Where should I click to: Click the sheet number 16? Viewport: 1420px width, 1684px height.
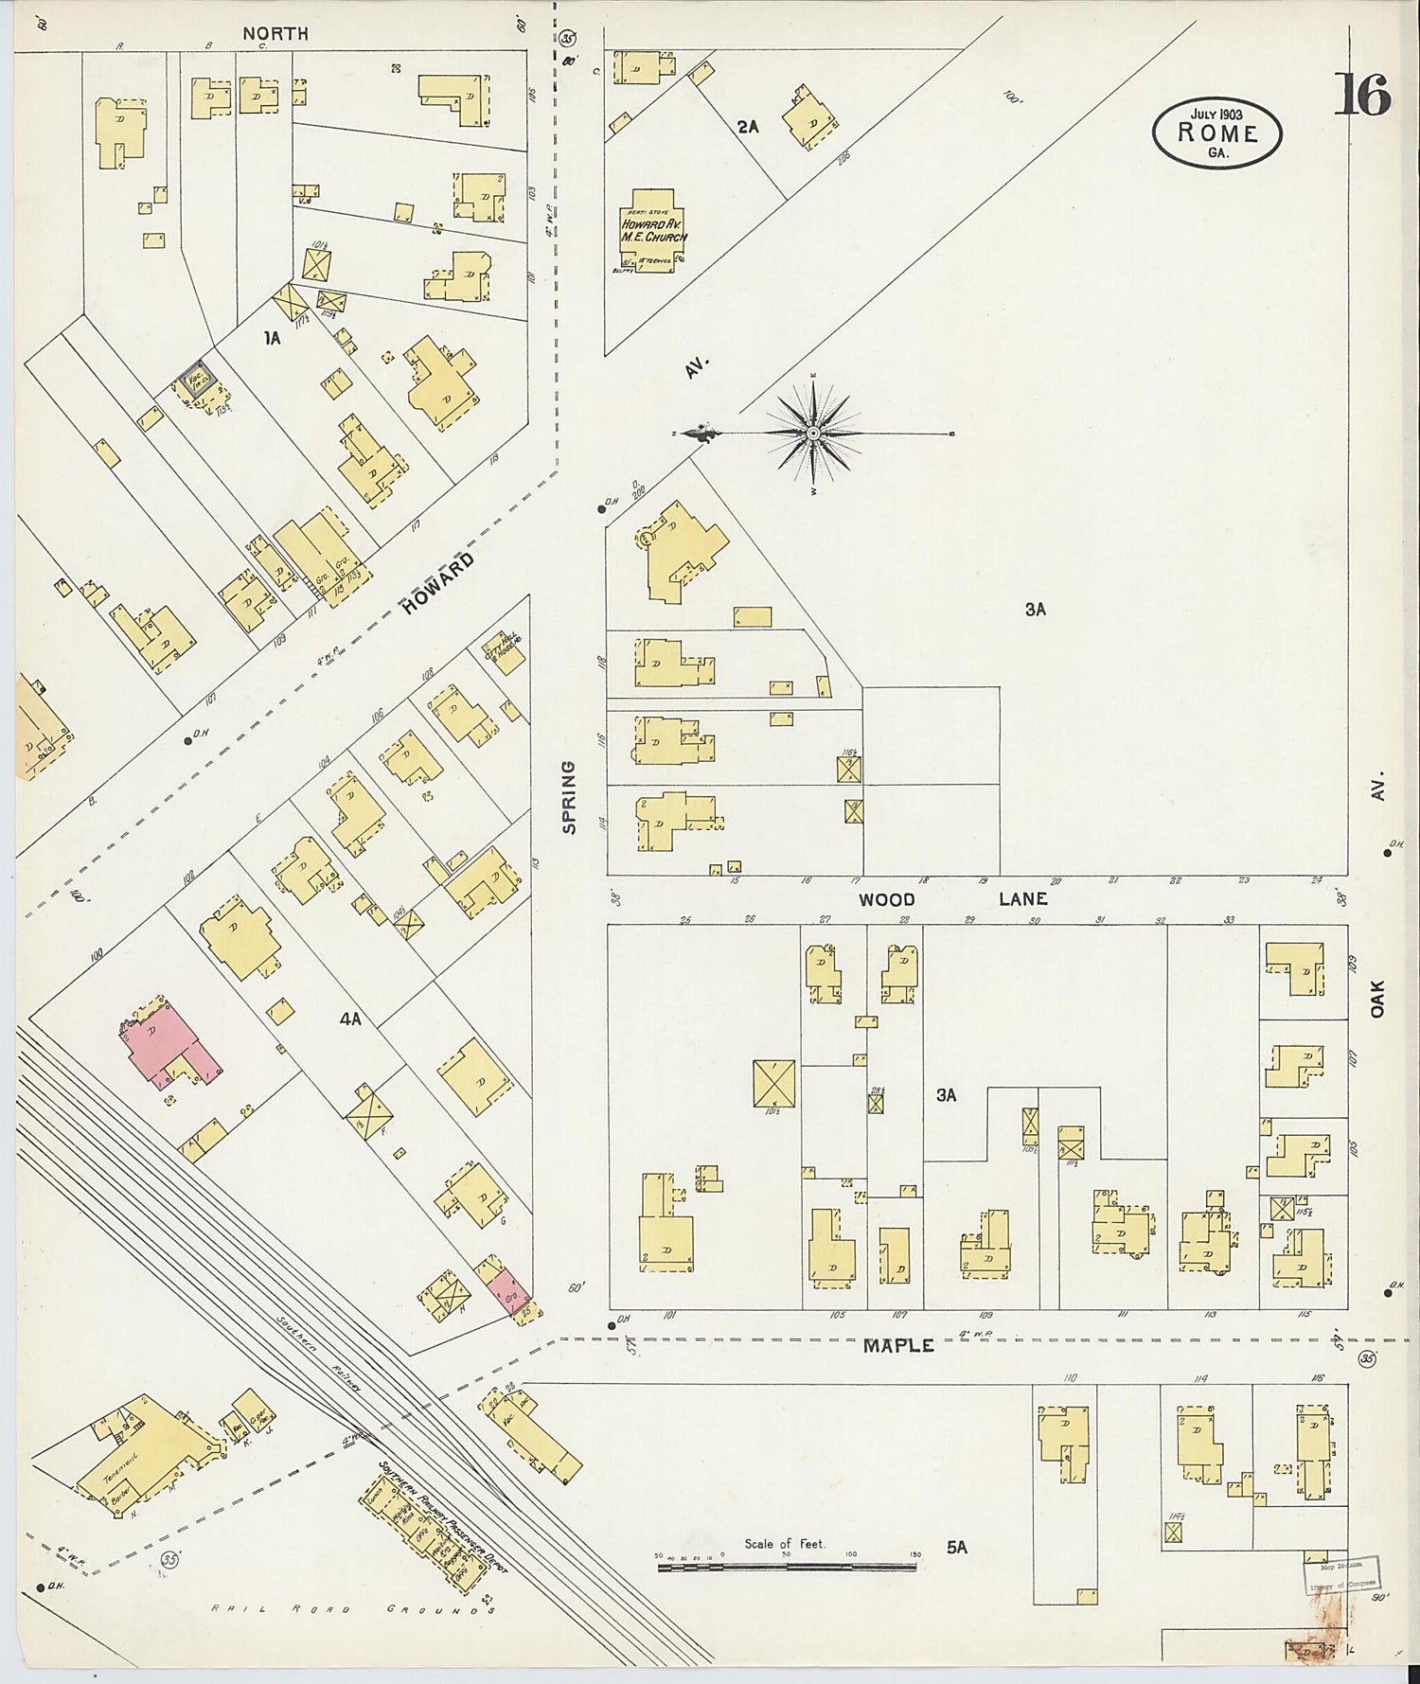click(x=1363, y=94)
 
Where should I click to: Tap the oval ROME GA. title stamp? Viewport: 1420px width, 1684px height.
click(x=1216, y=133)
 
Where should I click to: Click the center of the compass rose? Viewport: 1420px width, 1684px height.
click(x=813, y=434)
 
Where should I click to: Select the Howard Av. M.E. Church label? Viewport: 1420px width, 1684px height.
click(x=652, y=230)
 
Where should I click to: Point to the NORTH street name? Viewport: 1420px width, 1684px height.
click(x=275, y=33)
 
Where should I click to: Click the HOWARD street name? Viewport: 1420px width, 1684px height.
click(x=437, y=584)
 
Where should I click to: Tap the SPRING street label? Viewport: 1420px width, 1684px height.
click(x=569, y=797)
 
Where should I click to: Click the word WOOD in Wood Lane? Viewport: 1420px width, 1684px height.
click(x=887, y=899)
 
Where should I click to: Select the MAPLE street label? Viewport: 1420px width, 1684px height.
click(x=897, y=1345)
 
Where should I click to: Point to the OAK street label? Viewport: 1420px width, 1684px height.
click(x=1376, y=999)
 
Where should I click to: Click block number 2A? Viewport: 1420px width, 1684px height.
click(x=748, y=126)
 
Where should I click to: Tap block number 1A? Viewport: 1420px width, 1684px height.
click(x=272, y=337)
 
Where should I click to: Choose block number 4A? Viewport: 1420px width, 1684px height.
click(x=350, y=1019)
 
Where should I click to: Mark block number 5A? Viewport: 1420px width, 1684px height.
click(x=957, y=1547)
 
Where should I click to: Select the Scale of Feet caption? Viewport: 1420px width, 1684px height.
click(x=784, y=1543)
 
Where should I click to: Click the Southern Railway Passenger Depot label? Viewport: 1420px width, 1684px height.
click(x=445, y=1516)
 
